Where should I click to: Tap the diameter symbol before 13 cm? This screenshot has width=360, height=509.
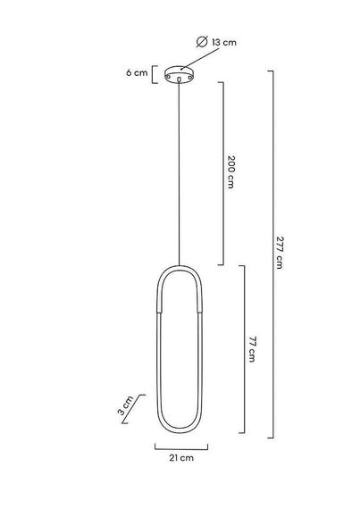pos(201,42)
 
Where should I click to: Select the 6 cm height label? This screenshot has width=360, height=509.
pos(136,73)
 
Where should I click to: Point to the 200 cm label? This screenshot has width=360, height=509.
pos(230,172)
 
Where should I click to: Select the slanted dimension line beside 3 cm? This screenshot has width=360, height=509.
pos(140,405)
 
